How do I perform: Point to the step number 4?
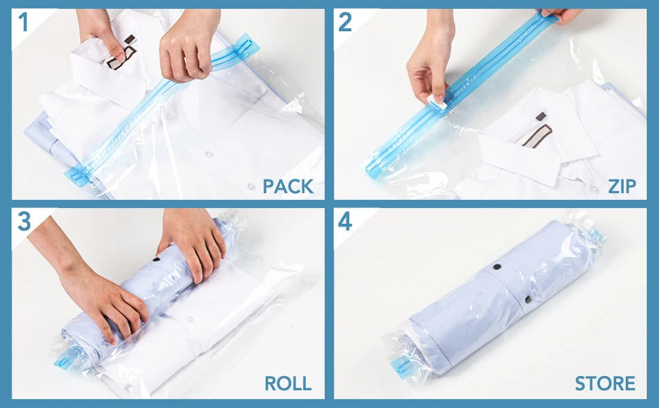click(x=345, y=222)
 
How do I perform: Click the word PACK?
click(x=288, y=186)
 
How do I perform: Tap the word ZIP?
click(x=622, y=186)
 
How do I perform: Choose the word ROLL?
click(x=288, y=383)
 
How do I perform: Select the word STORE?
click(x=605, y=383)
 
